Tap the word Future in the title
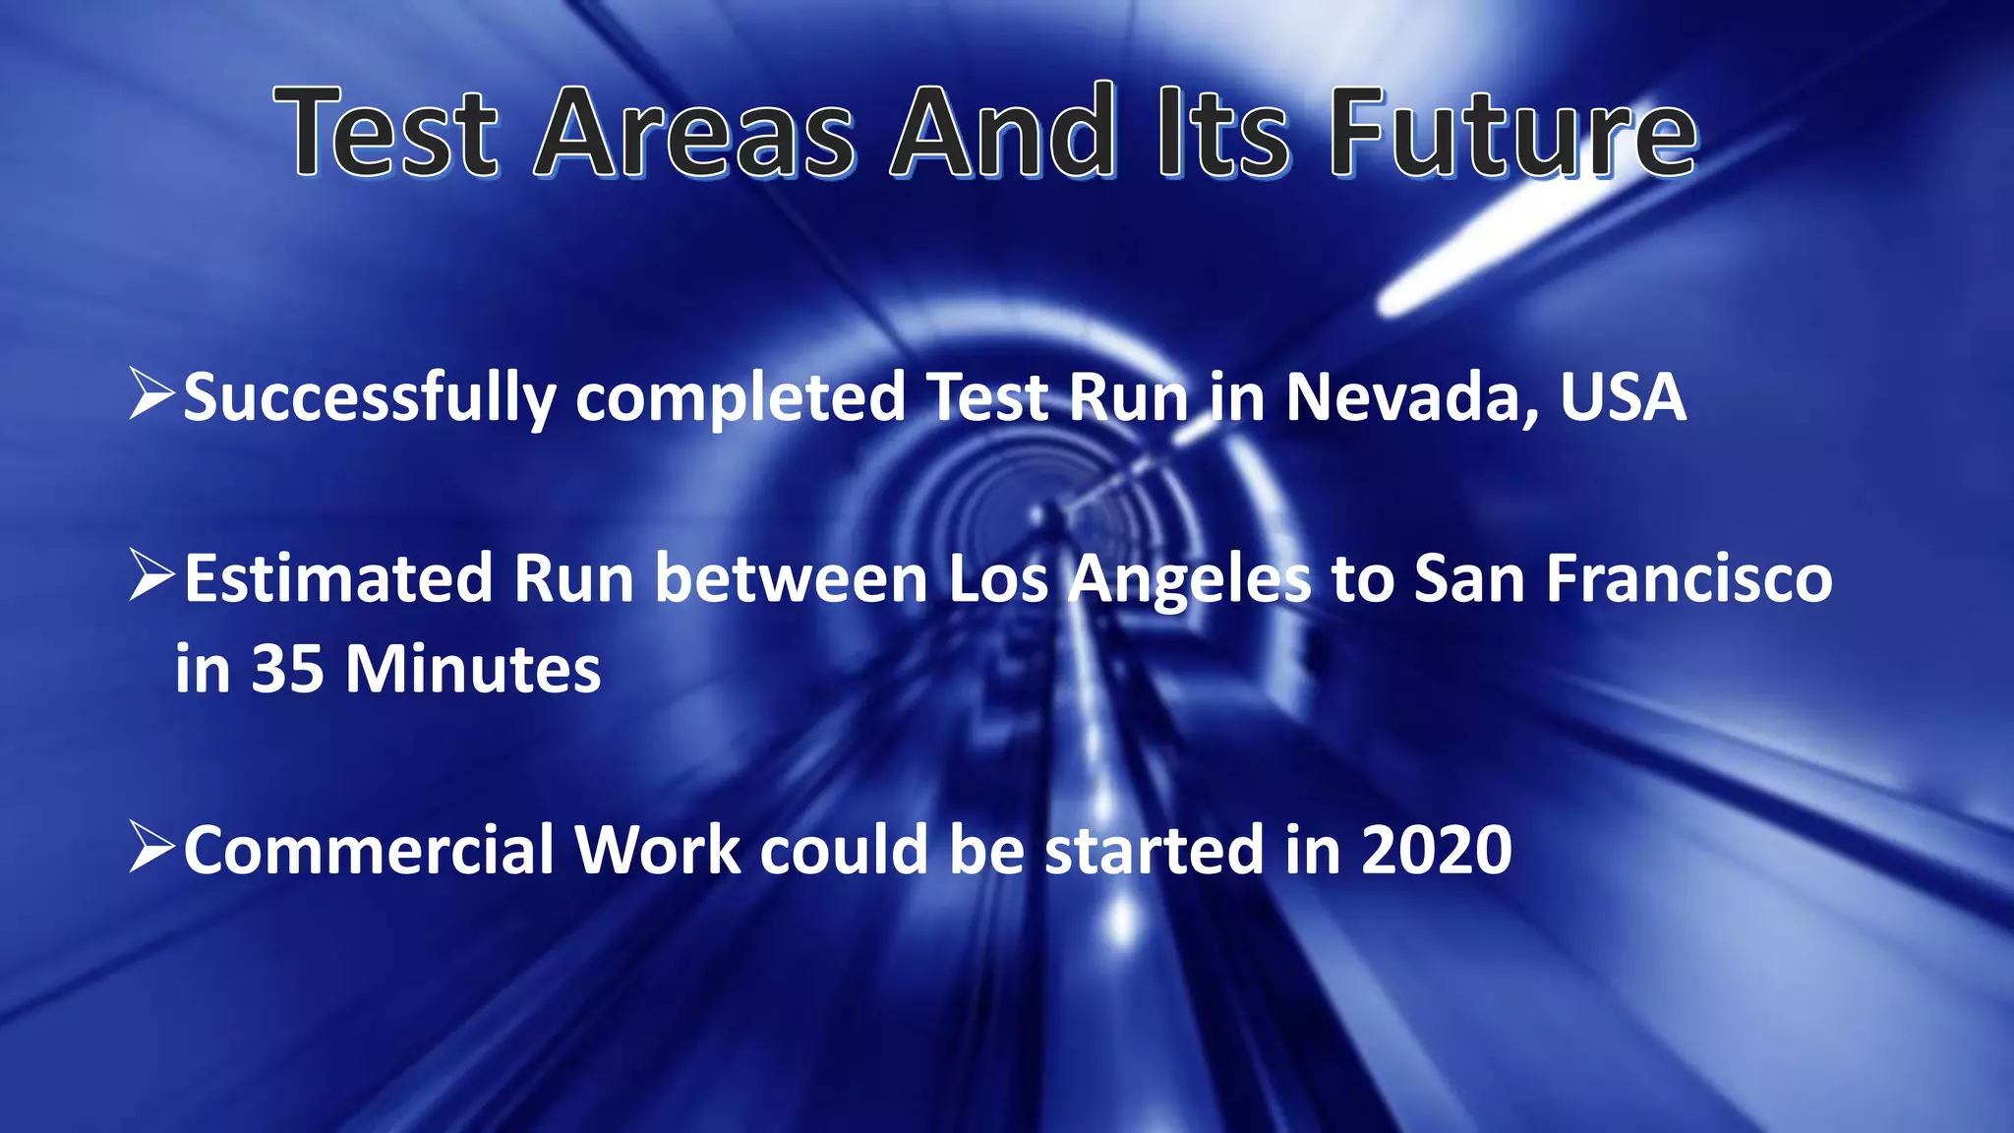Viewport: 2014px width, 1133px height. [x=1512, y=133]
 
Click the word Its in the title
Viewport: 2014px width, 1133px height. [x=1221, y=133]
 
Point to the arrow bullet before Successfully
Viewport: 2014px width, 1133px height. [x=151, y=394]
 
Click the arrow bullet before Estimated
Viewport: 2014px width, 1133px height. [x=151, y=576]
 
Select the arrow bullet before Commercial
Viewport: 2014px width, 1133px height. [x=151, y=848]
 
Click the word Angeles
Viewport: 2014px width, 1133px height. [x=1190, y=580]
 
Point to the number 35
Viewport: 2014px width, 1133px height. [x=287, y=670]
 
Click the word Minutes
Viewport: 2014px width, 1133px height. [x=472, y=670]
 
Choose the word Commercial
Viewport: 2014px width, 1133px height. [x=370, y=850]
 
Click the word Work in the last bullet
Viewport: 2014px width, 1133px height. [x=657, y=850]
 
